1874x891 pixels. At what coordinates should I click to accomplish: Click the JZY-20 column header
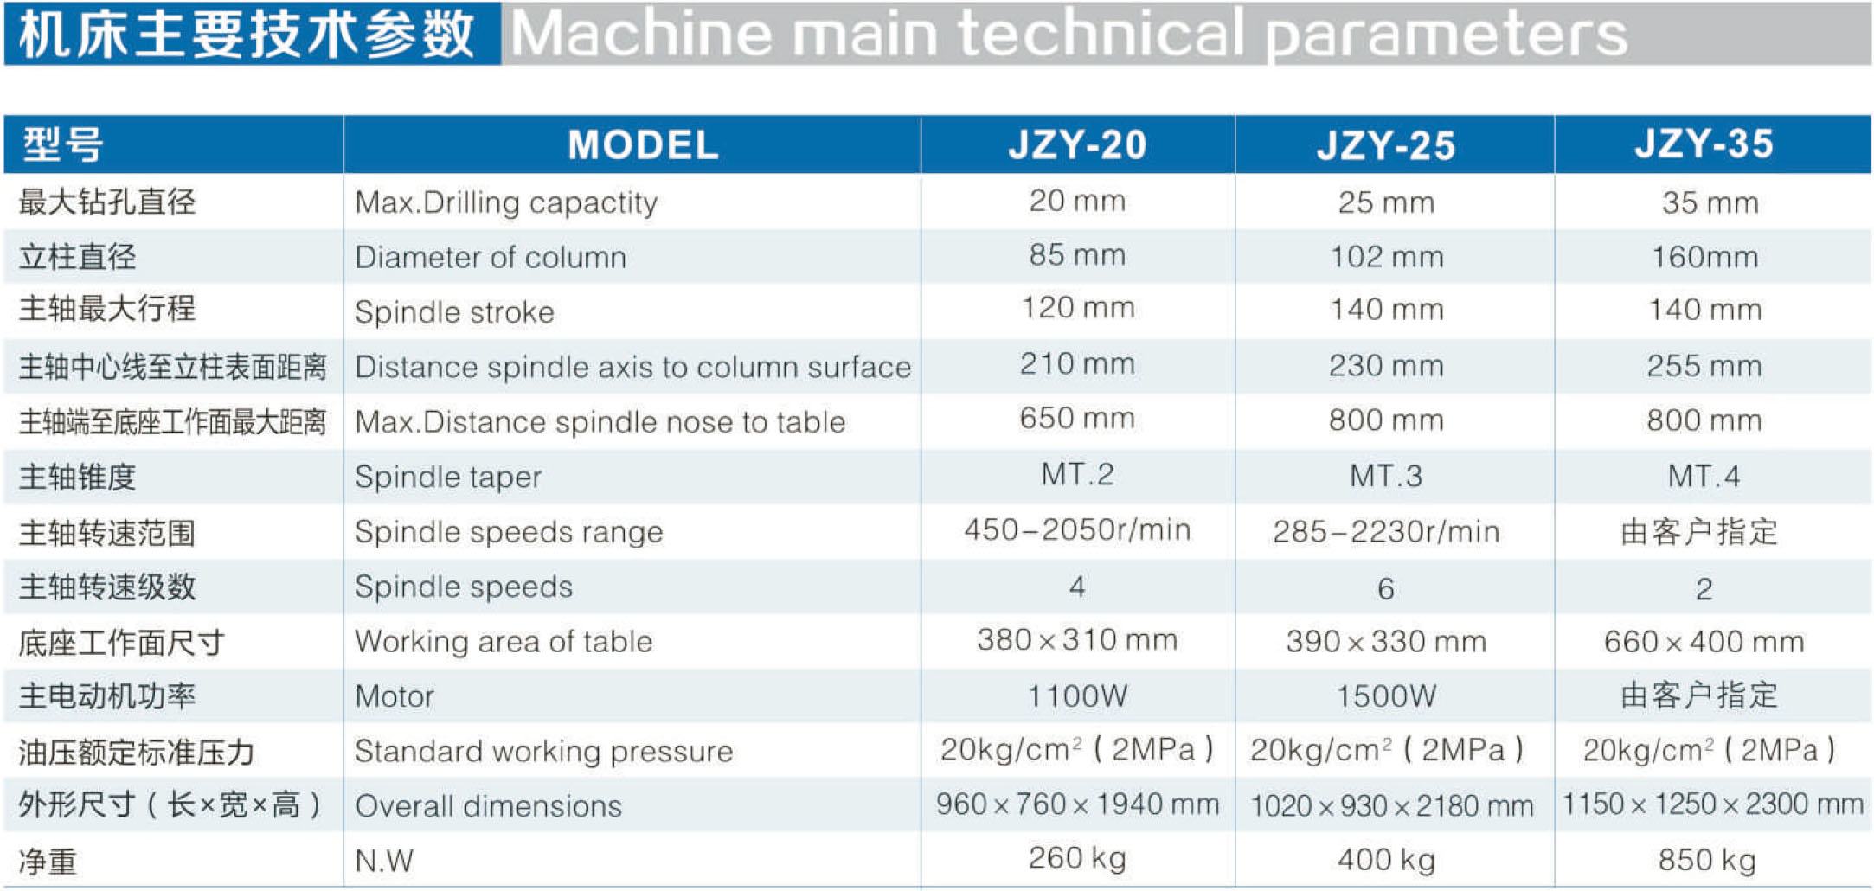click(x=1077, y=144)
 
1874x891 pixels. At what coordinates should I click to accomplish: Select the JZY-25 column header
click(x=1386, y=145)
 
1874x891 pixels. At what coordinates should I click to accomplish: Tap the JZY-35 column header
click(x=1704, y=144)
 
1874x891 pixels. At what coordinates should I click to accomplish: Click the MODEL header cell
click(x=643, y=144)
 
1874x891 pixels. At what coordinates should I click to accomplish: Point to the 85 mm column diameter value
click(x=1077, y=255)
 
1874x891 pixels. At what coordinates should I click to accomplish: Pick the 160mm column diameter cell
click(x=1704, y=257)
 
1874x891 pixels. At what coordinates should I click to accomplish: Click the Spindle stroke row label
click(x=454, y=311)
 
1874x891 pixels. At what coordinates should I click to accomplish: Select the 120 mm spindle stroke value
click(x=1078, y=308)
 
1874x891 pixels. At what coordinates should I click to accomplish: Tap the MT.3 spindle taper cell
click(x=1386, y=476)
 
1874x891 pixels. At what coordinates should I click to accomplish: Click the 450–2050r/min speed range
click(x=1077, y=529)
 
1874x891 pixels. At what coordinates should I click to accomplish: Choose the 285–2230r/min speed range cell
click(x=1386, y=531)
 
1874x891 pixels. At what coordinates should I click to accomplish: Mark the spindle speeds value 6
click(x=1386, y=588)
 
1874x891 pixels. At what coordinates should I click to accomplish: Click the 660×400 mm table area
click(x=1704, y=642)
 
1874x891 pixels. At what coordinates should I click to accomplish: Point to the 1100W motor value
click(x=1077, y=695)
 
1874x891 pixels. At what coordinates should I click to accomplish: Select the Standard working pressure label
click(x=543, y=751)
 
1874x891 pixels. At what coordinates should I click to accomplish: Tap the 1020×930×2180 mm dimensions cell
click(x=1391, y=805)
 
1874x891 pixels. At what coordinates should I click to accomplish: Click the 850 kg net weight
click(x=1706, y=860)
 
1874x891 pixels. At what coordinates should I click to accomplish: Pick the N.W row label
click(x=384, y=861)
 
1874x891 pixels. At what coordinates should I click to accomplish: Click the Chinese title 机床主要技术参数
click(x=247, y=35)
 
